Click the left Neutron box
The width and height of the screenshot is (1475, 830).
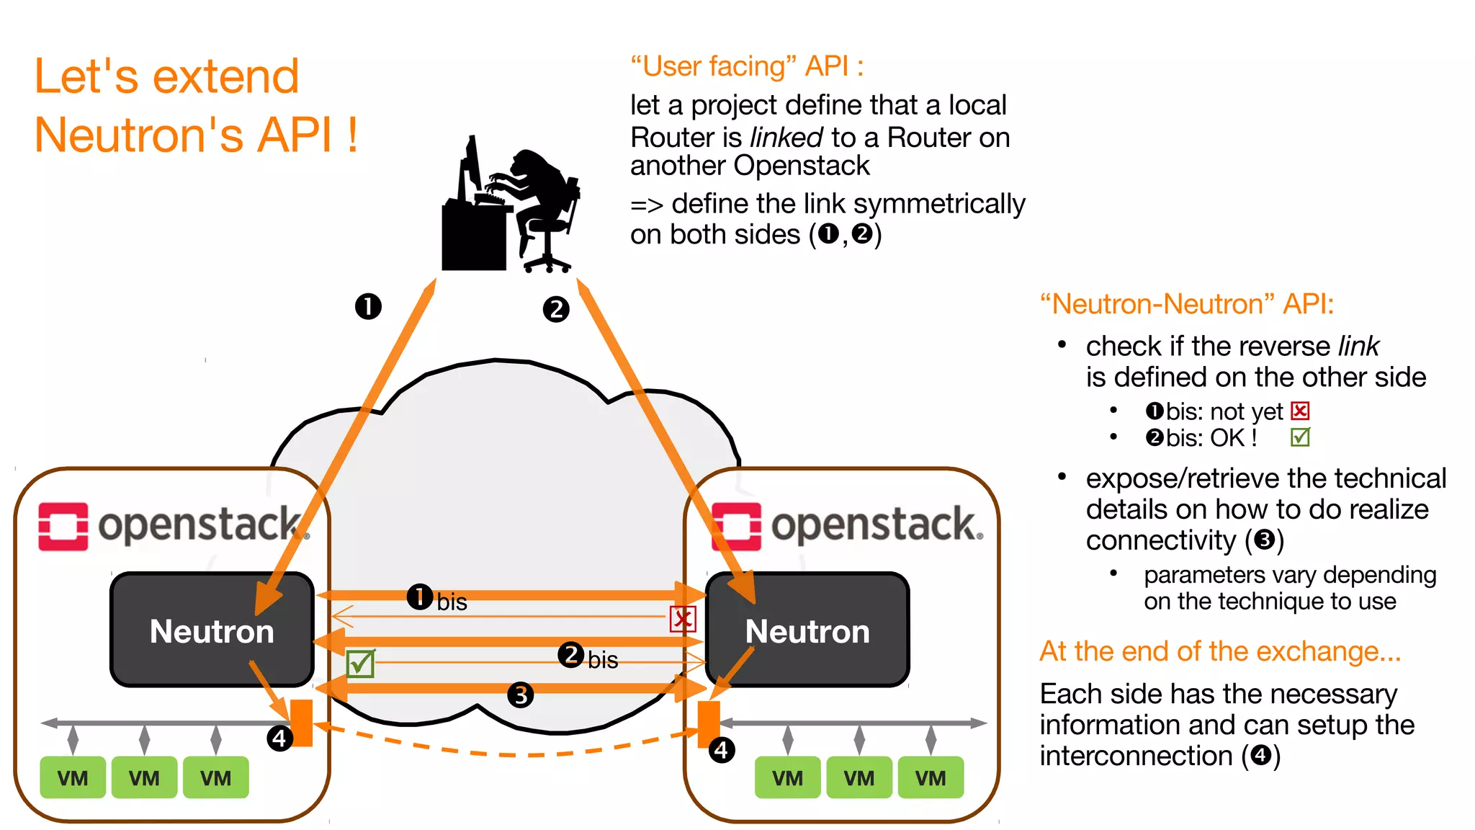pyautogui.click(x=211, y=630)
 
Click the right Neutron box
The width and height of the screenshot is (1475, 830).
pyautogui.click(x=807, y=630)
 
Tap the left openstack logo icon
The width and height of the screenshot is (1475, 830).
pyautogui.click(x=63, y=527)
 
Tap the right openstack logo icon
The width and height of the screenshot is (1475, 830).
pyautogui.click(x=736, y=527)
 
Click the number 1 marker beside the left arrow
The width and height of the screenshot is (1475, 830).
pyautogui.click(x=368, y=306)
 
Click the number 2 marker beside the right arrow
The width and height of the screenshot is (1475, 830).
pyautogui.click(x=555, y=310)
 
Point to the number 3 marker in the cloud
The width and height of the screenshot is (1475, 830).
pyautogui.click(x=520, y=695)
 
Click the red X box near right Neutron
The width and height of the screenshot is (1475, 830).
pyautogui.click(x=682, y=619)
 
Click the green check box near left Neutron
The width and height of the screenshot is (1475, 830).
pyautogui.click(x=360, y=664)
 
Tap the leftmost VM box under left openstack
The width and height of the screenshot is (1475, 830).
pyautogui.click(x=73, y=777)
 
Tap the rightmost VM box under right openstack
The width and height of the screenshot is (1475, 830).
pyautogui.click(x=931, y=777)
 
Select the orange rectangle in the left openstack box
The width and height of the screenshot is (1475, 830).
pyautogui.click(x=301, y=723)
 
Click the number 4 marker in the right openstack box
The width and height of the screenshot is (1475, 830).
pyautogui.click(x=721, y=751)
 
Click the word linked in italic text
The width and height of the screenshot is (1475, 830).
pyautogui.click(x=786, y=137)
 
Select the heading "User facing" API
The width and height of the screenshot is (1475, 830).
pyautogui.click(x=747, y=66)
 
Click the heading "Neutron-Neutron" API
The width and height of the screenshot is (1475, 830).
pyautogui.click(x=1187, y=304)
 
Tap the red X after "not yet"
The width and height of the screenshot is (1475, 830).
pyautogui.click(x=1300, y=411)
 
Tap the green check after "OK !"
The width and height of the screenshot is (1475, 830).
pyautogui.click(x=1300, y=437)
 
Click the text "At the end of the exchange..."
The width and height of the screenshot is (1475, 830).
pyautogui.click(x=1220, y=651)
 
